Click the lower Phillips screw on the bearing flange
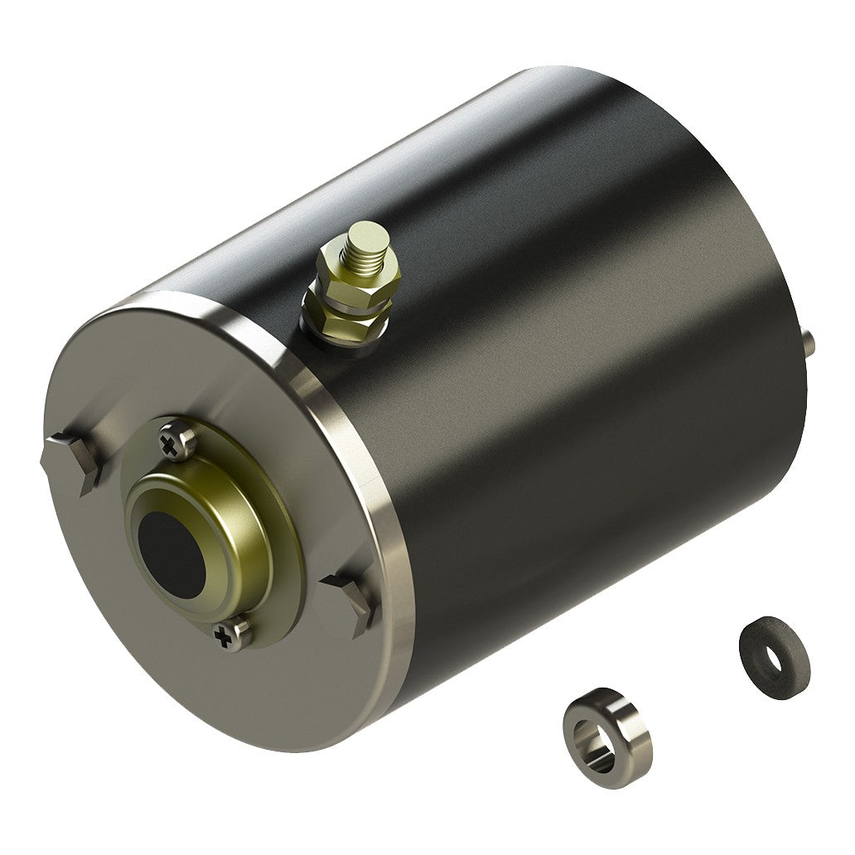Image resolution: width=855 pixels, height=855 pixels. (x=227, y=635)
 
